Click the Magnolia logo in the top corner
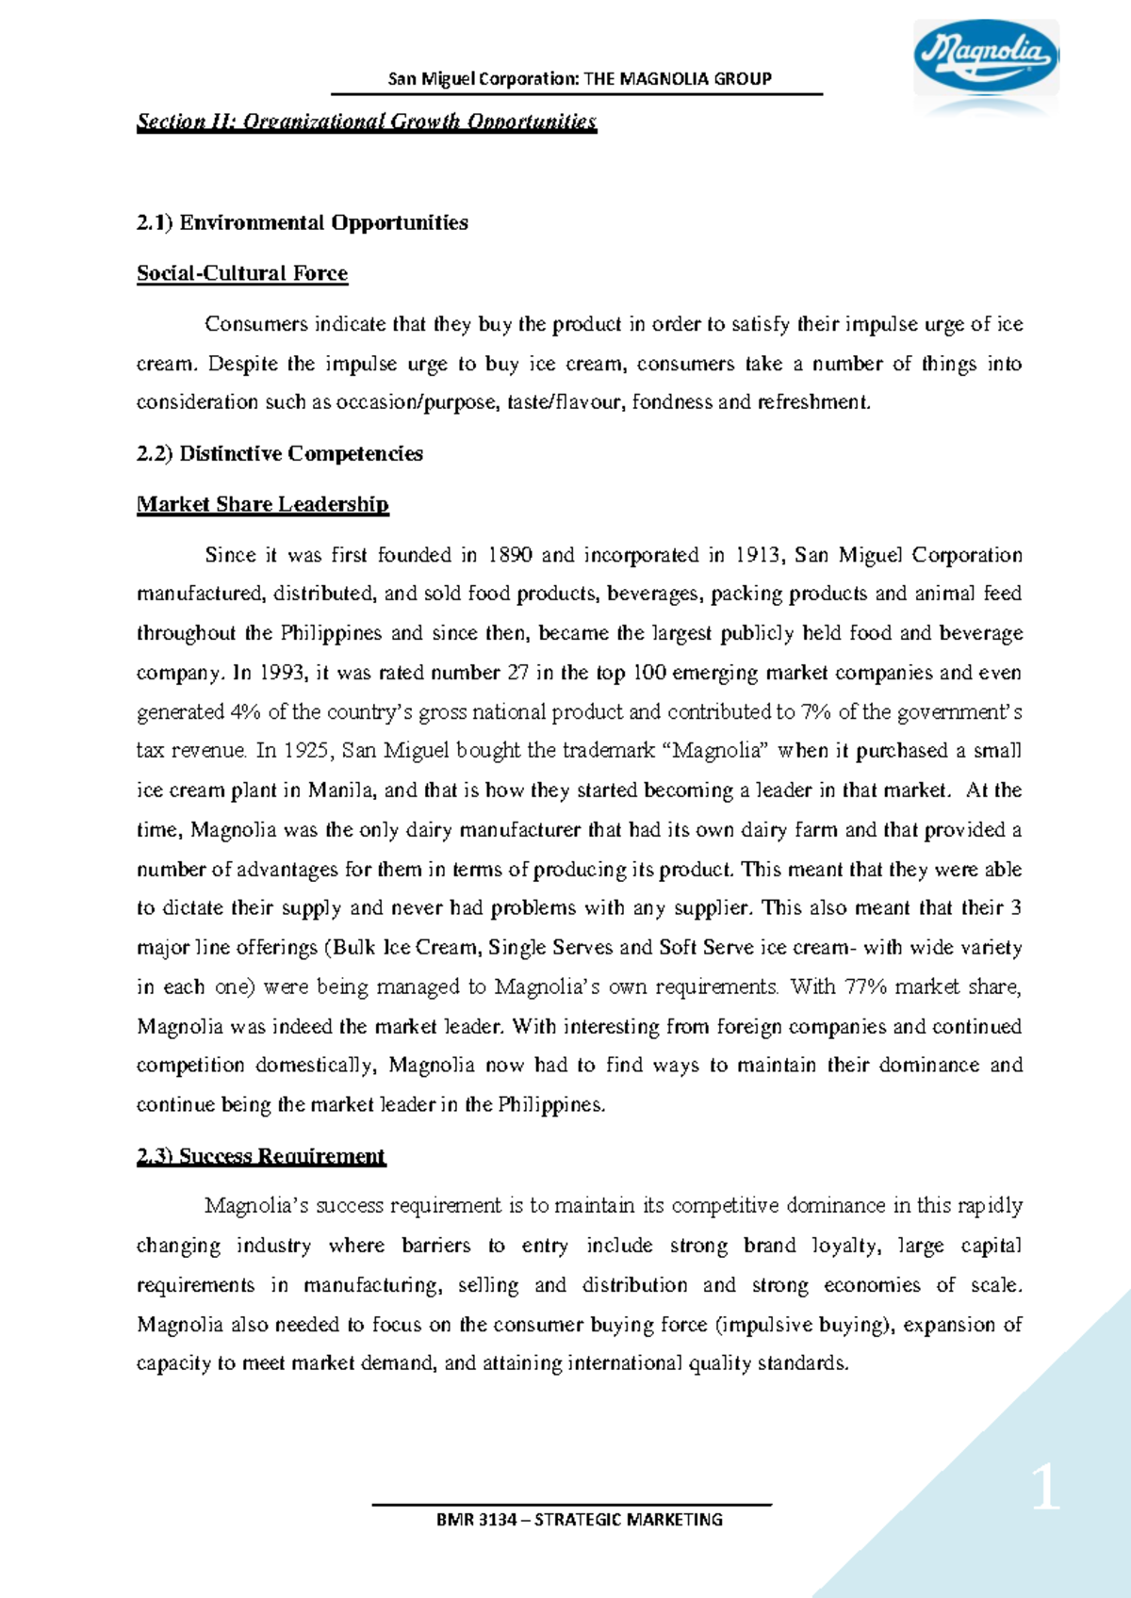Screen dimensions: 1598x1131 [x=985, y=56]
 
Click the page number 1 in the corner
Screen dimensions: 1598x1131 [x=1045, y=1492]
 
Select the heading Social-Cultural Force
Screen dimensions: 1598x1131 [x=242, y=273]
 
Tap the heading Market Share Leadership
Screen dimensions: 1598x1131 [x=262, y=504]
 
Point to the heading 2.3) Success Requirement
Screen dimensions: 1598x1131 [x=261, y=1156]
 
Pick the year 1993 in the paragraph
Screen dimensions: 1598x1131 [x=283, y=673]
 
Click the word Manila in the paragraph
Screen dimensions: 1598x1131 [x=340, y=791]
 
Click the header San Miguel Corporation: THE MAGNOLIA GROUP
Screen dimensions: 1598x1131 [x=580, y=78]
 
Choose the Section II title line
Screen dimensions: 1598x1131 [x=367, y=122]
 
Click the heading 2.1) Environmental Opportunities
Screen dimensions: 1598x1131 [x=303, y=222]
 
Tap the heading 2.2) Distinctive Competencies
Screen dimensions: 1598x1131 [x=280, y=453]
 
